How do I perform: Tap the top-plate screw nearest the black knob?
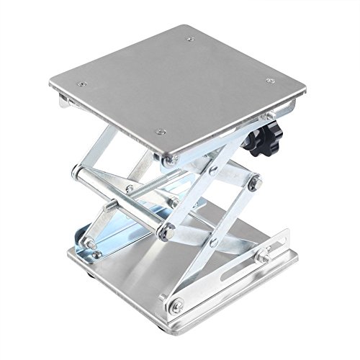pyautogui.click(x=269, y=81)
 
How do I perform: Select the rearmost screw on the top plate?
pyautogui.click(x=189, y=40)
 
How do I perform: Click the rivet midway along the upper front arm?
pyautogui.click(x=214, y=171)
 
